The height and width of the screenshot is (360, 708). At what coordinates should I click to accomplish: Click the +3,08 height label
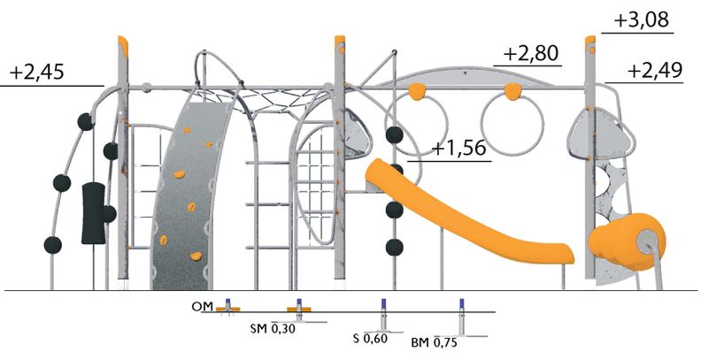click(641, 20)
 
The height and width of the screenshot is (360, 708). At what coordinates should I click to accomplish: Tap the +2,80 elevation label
click(530, 54)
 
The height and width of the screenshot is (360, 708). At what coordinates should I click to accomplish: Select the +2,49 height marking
click(655, 71)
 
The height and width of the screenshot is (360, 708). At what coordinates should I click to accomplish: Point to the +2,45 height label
click(37, 73)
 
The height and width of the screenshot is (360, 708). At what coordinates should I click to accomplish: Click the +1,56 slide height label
click(459, 148)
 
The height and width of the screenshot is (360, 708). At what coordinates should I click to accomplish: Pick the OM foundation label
click(202, 307)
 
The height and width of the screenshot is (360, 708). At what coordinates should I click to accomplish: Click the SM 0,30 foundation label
click(273, 329)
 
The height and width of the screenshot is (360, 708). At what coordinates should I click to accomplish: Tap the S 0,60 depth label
click(370, 338)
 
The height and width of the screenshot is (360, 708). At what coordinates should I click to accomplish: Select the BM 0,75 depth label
click(434, 342)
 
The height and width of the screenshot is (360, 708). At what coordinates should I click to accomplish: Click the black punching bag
click(94, 213)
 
